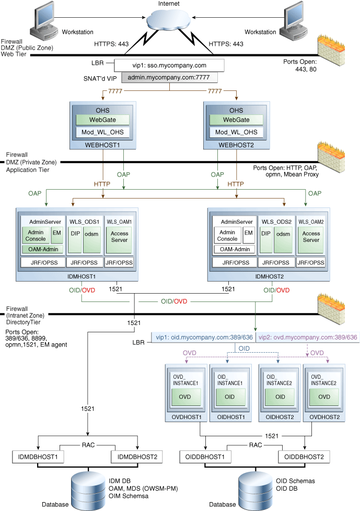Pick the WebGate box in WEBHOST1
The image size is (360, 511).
[103, 120]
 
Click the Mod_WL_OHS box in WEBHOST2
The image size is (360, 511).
[236, 132]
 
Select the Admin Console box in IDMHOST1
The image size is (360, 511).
[35, 235]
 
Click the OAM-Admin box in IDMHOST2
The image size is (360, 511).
[235, 249]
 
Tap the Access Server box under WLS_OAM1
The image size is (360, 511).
[119, 237]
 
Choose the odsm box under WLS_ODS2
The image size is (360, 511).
[284, 234]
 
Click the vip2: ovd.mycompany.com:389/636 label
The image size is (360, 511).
[308, 338]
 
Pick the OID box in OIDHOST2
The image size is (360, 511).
[280, 397]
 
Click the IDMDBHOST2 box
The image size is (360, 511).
[137, 457]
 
